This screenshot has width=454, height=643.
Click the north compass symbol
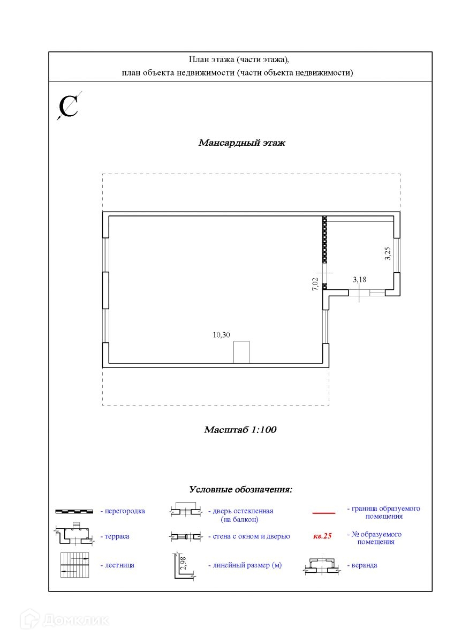pyautogui.click(x=69, y=106)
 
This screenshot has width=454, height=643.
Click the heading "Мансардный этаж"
pyautogui.click(x=242, y=143)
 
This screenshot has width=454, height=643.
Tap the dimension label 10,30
pyautogui.click(x=221, y=335)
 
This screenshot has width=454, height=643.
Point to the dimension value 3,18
pyautogui.click(x=359, y=279)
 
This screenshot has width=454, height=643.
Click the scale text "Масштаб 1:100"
pyautogui.click(x=240, y=430)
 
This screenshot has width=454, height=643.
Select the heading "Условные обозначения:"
pyautogui.click(x=240, y=490)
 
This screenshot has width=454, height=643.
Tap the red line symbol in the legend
pyautogui.click(x=323, y=513)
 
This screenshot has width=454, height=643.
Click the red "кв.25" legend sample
pyautogui.click(x=322, y=535)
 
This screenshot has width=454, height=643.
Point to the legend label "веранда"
pyautogui.click(x=364, y=565)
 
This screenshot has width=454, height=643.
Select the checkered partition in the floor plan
pyautogui.click(x=324, y=240)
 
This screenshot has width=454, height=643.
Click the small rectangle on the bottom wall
pyautogui.click(x=241, y=352)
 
